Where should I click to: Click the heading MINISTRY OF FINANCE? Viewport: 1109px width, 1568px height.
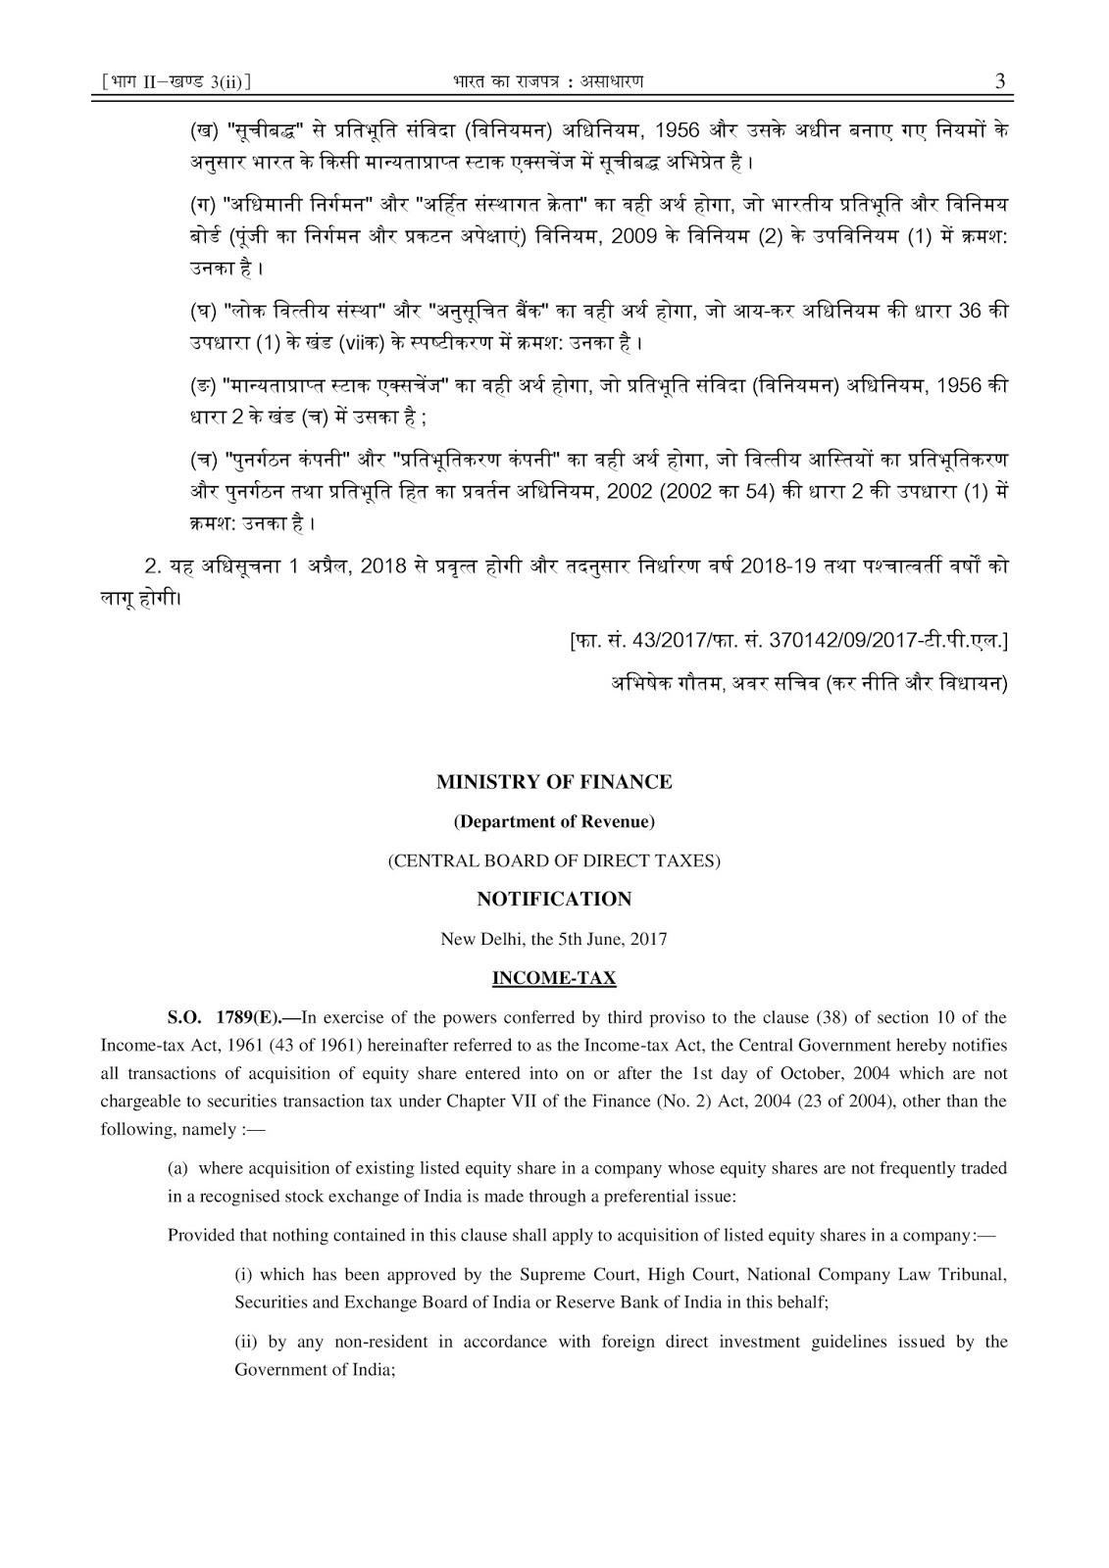tap(554, 782)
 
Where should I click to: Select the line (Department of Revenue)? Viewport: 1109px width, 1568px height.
tap(554, 821)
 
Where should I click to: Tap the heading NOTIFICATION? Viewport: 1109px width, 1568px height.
tap(554, 899)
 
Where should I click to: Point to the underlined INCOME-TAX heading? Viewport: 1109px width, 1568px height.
tap(554, 977)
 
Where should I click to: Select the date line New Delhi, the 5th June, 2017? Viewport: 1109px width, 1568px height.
tap(554, 938)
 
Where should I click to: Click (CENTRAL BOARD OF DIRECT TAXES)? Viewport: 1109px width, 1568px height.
tap(554, 860)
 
